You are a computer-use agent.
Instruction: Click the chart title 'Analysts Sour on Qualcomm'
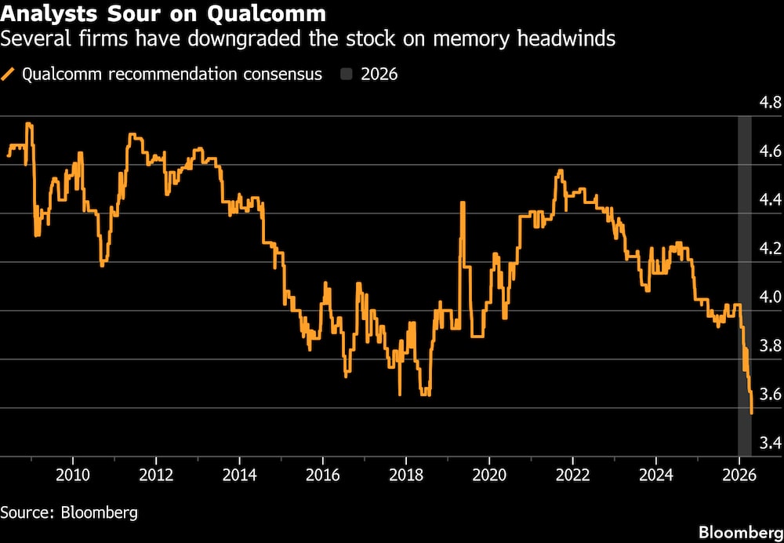(x=164, y=14)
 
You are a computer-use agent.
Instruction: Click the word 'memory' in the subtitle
(x=461, y=38)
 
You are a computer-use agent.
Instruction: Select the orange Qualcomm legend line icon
(x=10, y=75)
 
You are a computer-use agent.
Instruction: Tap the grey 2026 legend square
(x=347, y=75)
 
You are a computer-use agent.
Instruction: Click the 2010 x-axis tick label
(x=73, y=473)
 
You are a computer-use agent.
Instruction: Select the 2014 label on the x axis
(x=239, y=473)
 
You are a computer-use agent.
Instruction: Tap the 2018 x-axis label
(x=405, y=473)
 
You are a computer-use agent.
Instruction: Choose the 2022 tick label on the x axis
(x=572, y=473)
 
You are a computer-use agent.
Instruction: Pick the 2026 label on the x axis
(x=738, y=473)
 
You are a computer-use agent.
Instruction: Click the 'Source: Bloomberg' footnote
(x=69, y=512)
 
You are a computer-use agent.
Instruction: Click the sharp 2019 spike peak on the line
(x=463, y=202)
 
